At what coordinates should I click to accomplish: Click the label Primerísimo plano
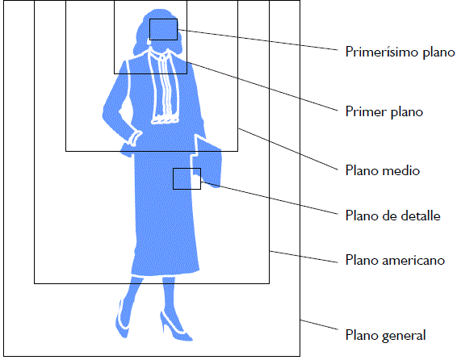click(x=400, y=52)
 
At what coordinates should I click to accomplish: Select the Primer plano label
click(x=384, y=111)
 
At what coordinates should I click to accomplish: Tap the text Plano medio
click(x=383, y=170)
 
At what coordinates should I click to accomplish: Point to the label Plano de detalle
click(x=393, y=216)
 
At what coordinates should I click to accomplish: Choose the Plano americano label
click(x=395, y=260)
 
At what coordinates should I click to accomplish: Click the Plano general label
click(x=385, y=335)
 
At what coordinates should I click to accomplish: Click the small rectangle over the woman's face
click(x=164, y=19)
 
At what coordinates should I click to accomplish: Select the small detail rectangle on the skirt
click(x=187, y=169)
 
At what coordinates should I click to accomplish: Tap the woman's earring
click(x=149, y=43)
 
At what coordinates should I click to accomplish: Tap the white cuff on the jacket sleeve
click(x=135, y=138)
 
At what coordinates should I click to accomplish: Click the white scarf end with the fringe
click(x=165, y=119)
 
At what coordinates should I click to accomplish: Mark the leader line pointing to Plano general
click(x=319, y=325)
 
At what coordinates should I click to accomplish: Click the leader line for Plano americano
click(x=304, y=257)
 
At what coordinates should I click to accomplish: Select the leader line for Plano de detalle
click(x=270, y=198)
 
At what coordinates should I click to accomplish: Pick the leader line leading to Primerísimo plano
click(x=258, y=40)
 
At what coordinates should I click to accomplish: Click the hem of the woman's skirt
click(x=166, y=273)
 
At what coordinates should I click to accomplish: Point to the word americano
click(x=413, y=261)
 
